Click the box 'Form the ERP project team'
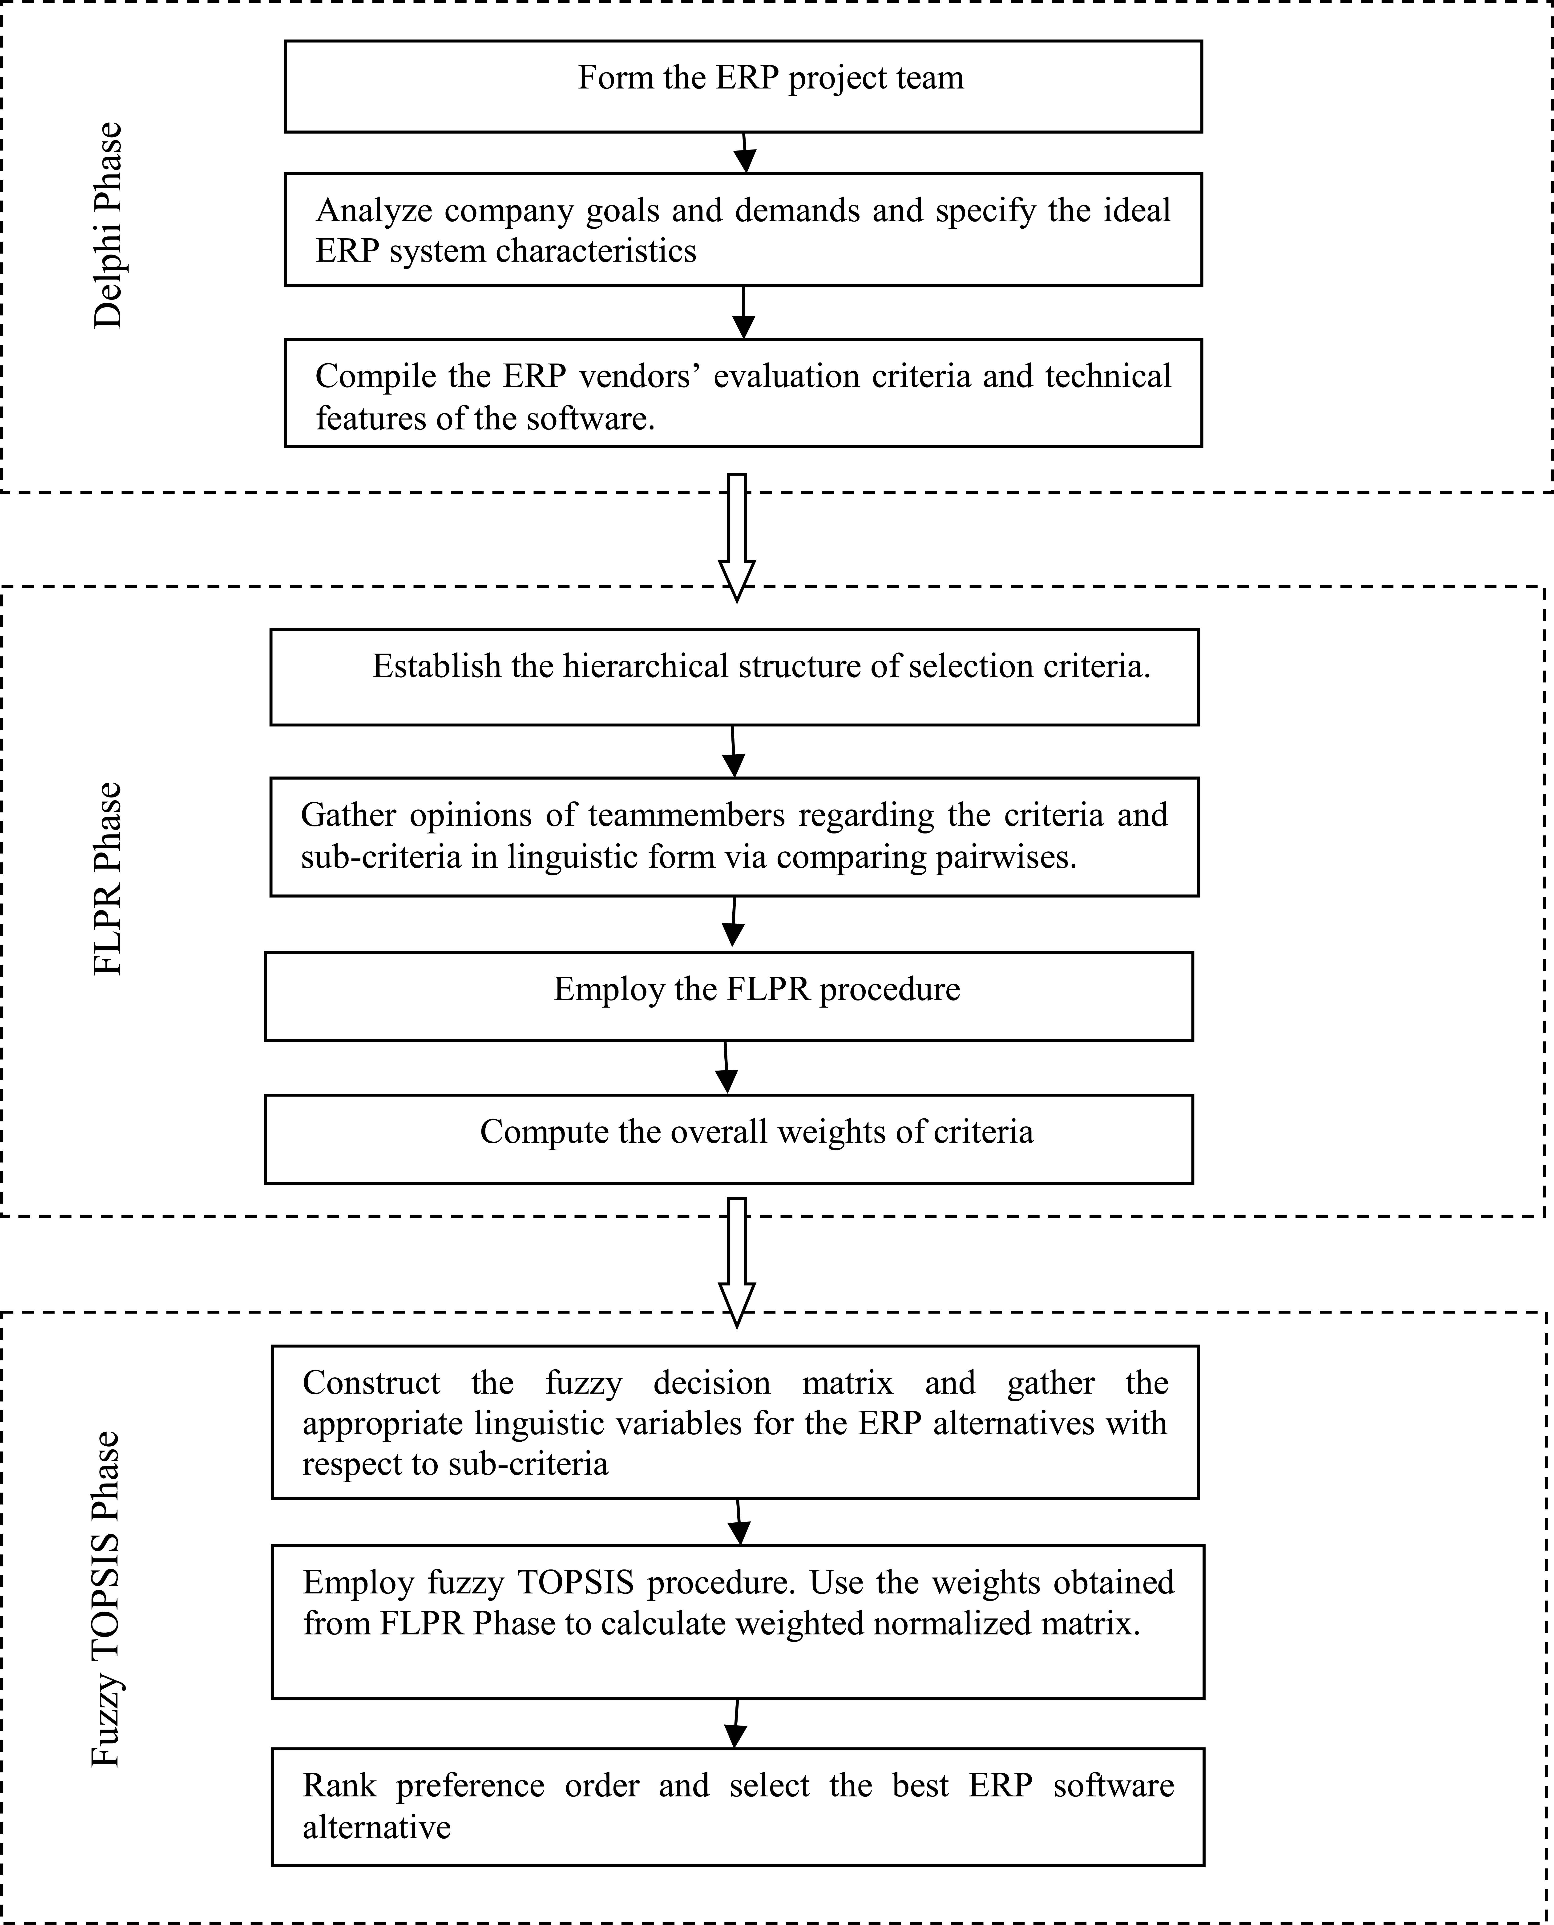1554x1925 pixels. (x=743, y=86)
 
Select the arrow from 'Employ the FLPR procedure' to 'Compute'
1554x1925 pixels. (x=727, y=1067)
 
